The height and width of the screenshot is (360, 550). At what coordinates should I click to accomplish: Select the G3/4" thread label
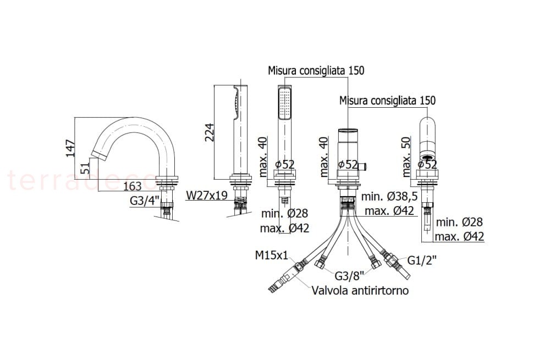pos(144,201)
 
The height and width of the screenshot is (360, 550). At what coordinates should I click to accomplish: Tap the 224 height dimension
pos(210,132)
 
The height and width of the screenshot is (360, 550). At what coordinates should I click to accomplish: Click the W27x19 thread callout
pos(207,195)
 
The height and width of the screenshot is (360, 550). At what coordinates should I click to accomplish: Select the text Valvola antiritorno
pos(360,290)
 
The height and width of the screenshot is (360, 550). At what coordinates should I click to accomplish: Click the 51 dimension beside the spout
pos(86,168)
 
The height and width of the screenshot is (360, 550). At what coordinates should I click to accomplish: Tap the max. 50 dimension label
pos(407,157)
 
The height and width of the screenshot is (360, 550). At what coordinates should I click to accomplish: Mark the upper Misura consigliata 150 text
pos(316,70)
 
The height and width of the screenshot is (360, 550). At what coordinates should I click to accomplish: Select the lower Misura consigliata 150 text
pos(387,101)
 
